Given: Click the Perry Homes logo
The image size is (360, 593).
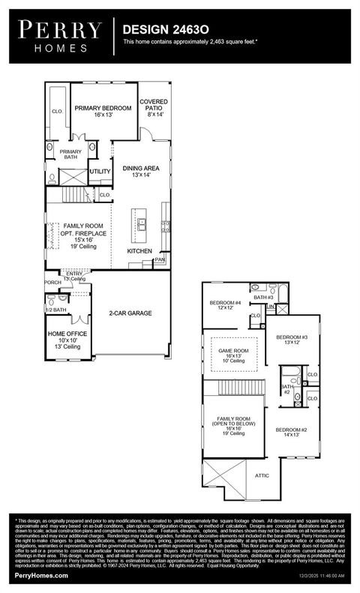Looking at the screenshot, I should [x=60, y=36].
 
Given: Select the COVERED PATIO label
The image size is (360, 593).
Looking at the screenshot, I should [x=154, y=104].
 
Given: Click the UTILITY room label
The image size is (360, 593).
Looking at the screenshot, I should [x=100, y=172].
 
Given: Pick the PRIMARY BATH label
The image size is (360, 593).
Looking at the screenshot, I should [x=70, y=154].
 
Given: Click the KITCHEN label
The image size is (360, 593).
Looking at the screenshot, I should [x=139, y=251].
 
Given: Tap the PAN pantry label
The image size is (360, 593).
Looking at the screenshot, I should [x=160, y=260].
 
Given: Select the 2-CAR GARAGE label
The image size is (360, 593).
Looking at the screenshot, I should [x=130, y=313].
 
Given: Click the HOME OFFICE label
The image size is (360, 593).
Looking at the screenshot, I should [x=67, y=334].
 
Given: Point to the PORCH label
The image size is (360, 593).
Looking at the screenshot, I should [x=53, y=283].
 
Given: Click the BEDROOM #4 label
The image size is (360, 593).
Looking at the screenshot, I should [x=225, y=303].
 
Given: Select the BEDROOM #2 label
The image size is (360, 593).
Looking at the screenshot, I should [x=286, y=430].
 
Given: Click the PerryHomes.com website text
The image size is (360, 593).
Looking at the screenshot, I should [x=41, y=575].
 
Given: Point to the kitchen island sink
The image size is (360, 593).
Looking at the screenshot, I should [x=140, y=222].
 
